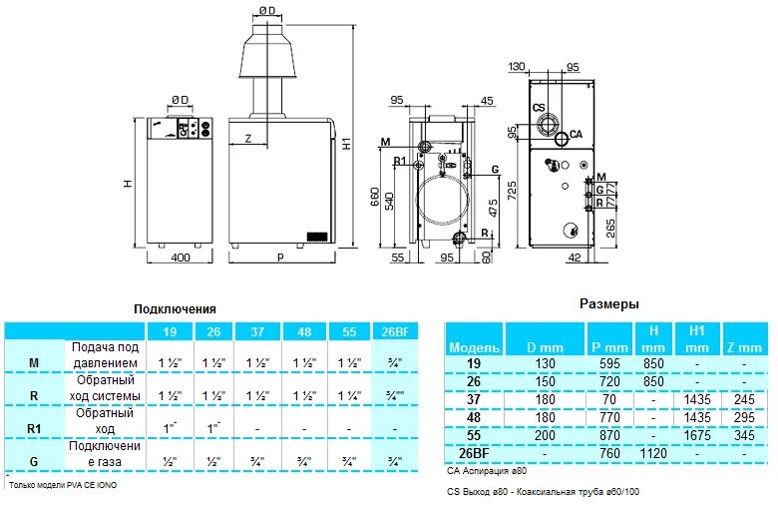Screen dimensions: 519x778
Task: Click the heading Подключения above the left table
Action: coord(175,309)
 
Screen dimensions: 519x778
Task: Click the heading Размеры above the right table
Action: coord(608,303)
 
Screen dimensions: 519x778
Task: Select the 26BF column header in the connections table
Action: coord(395,331)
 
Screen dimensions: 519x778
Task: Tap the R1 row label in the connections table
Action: coord(34,428)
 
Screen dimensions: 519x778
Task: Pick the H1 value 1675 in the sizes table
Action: coord(696,436)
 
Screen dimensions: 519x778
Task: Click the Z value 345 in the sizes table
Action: coord(744,436)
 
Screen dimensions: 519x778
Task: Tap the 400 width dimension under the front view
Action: coord(180,259)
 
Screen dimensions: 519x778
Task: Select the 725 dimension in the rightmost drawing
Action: coord(511,188)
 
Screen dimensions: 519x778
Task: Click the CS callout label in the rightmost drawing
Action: coord(539,108)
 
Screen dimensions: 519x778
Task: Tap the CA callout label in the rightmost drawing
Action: coord(576,134)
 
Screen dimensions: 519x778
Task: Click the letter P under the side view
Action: coord(280,259)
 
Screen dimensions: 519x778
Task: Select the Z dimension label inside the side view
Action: coord(247,137)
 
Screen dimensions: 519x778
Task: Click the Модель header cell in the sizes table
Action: coord(468,346)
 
